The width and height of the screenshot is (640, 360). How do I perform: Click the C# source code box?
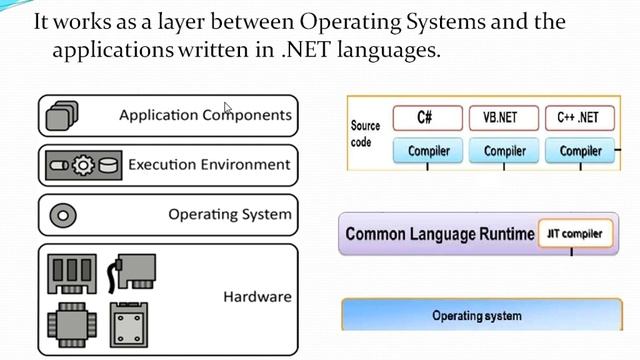pyautogui.click(x=425, y=118)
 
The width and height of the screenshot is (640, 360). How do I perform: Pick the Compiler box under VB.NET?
pyautogui.click(x=504, y=151)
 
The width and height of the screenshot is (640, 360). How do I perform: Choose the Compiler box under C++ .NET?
pyautogui.click(x=580, y=151)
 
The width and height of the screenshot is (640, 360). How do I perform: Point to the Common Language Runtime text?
pyautogui.click(x=439, y=234)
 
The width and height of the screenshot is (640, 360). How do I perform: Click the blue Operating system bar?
pyautogui.click(x=476, y=315)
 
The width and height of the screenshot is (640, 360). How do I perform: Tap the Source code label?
pyautogui.click(x=366, y=134)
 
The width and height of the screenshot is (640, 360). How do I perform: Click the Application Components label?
pyautogui.click(x=205, y=115)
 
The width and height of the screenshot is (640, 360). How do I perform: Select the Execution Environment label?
pyautogui.click(x=209, y=164)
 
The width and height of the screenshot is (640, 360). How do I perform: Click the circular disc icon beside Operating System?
pyautogui.click(x=63, y=214)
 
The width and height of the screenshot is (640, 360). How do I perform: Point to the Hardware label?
pyautogui.click(x=257, y=296)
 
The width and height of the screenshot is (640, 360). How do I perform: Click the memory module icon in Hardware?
pyautogui.click(x=72, y=271)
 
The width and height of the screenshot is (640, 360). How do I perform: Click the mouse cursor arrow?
pyautogui.click(x=228, y=108)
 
